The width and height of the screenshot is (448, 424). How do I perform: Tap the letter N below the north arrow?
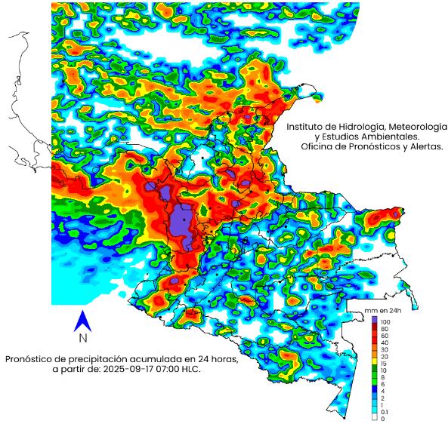(x=83, y=338)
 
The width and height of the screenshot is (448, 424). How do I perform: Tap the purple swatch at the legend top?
(x=374, y=320)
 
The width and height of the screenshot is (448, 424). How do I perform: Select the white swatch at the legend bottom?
(x=374, y=417)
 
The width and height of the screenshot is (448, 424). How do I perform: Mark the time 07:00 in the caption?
(x=167, y=370)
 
